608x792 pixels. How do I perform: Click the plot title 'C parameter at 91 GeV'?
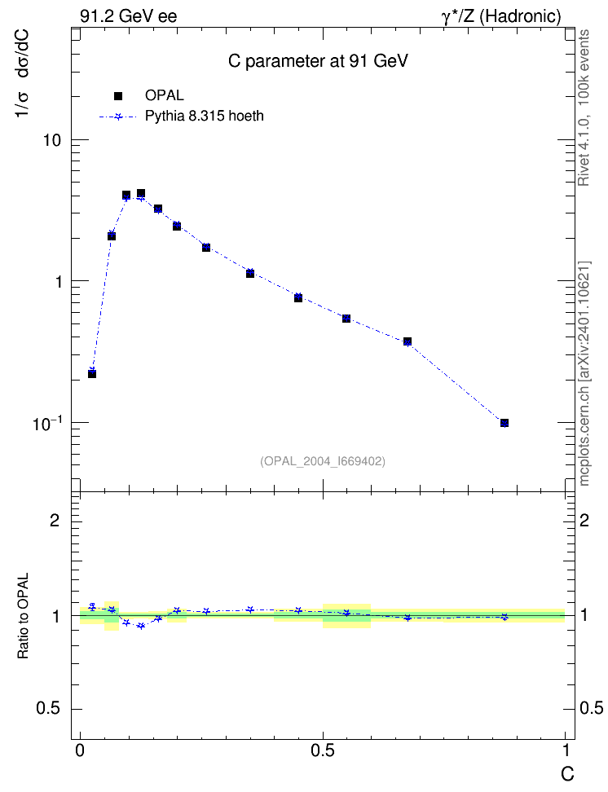(x=318, y=61)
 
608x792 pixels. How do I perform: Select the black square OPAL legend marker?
(x=118, y=95)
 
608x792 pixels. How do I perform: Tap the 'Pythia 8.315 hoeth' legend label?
(x=205, y=117)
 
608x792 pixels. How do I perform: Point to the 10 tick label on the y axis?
(x=51, y=140)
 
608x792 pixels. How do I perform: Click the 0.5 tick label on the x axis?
(x=323, y=750)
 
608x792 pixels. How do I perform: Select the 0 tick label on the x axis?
(x=80, y=750)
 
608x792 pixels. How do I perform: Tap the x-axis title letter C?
(x=567, y=774)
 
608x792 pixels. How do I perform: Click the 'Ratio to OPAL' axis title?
(x=24, y=616)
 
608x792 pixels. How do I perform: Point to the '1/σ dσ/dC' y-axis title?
(x=23, y=74)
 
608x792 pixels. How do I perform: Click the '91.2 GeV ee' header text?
(x=129, y=16)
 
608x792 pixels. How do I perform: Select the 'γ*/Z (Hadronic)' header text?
(x=501, y=16)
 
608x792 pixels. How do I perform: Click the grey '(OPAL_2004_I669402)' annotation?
(x=323, y=461)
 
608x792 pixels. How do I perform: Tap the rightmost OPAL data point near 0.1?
(x=504, y=423)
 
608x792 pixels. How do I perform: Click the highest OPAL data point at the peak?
(x=141, y=193)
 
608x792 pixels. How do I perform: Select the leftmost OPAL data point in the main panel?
(x=92, y=374)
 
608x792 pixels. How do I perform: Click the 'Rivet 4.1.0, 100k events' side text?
(x=584, y=108)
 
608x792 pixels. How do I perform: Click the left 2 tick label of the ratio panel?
(x=55, y=520)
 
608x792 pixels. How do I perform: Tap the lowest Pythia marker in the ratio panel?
(x=141, y=626)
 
